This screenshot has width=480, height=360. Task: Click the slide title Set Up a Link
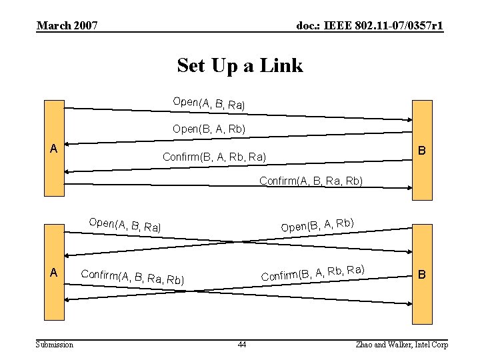(240, 65)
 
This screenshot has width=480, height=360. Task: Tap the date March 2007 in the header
(67, 26)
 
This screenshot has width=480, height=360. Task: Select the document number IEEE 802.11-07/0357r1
(370, 26)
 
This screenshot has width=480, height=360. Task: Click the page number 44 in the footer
(241, 344)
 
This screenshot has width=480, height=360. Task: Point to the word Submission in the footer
(55, 344)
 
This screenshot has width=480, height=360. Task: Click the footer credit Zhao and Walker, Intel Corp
(402, 344)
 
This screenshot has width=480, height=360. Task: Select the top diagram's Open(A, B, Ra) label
(209, 103)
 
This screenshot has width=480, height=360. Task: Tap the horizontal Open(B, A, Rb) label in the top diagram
(209, 129)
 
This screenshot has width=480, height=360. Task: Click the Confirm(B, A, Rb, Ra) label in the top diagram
(215, 157)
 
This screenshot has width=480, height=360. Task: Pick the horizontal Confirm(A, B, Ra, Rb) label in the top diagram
(311, 181)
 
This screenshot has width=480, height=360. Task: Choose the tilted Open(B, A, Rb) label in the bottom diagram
(317, 225)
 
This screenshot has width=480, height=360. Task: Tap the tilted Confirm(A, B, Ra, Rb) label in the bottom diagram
(132, 275)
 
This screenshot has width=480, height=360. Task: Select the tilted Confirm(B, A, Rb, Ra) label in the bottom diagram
(312, 272)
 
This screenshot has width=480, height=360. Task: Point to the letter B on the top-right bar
(422, 151)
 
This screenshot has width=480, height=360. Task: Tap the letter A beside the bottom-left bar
(53, 272)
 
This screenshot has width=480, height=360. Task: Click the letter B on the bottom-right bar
(421, 274)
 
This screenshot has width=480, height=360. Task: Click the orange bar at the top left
(53, 120)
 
